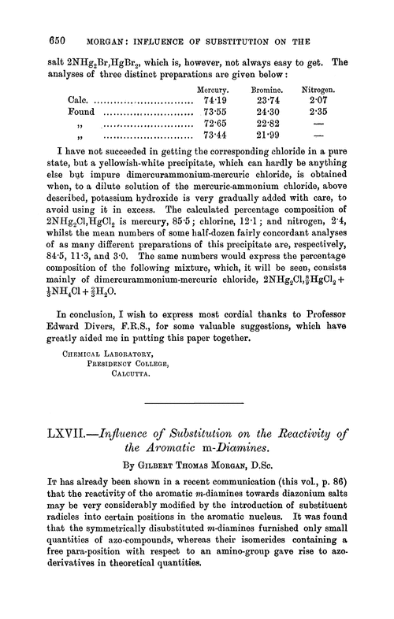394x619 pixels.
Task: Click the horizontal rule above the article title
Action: tap(196, 408)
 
